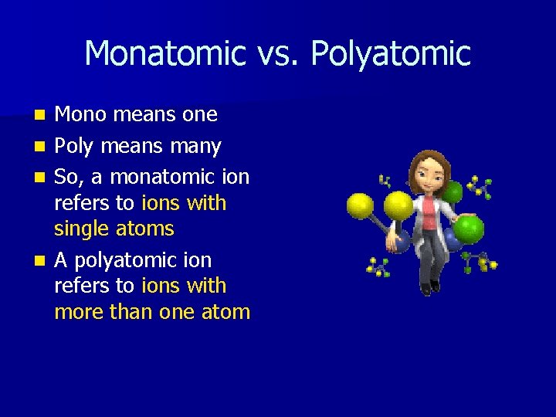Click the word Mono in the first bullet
coord(81,115)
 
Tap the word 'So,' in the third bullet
coord(68,177)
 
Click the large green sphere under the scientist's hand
coord(469,229)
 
